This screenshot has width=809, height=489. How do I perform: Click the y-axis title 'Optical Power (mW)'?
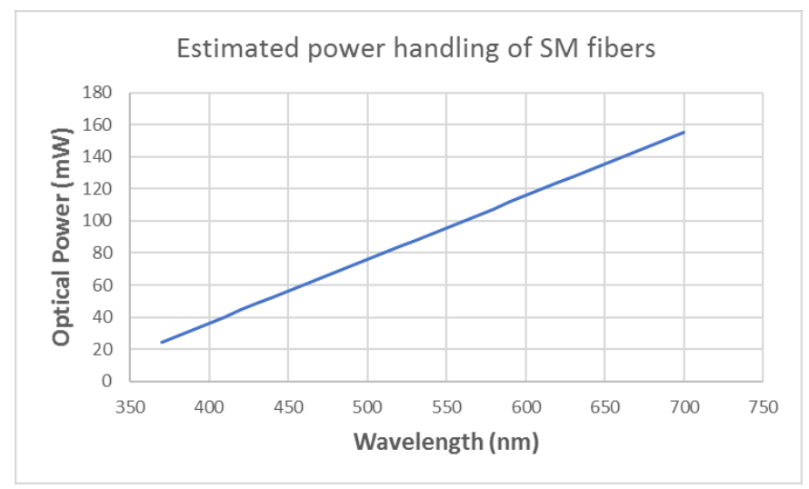click(62, 236)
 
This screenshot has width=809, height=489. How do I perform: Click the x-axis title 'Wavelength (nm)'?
click(445, 442)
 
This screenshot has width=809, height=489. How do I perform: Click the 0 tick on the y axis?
click(108, 382)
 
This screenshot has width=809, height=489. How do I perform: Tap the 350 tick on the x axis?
click(130, 406)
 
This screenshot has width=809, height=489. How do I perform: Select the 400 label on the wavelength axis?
click(209, 406)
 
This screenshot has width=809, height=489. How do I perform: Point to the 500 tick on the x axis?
click(367, 406)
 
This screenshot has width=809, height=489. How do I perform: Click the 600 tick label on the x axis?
click(525, 406)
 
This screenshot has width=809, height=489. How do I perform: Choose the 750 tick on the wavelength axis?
click(763, 406)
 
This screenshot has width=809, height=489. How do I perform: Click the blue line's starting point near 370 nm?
click(162, 342)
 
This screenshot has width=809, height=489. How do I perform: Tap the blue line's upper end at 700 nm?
click(684, 132)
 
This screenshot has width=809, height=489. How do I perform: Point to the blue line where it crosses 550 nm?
click(446, 227)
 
